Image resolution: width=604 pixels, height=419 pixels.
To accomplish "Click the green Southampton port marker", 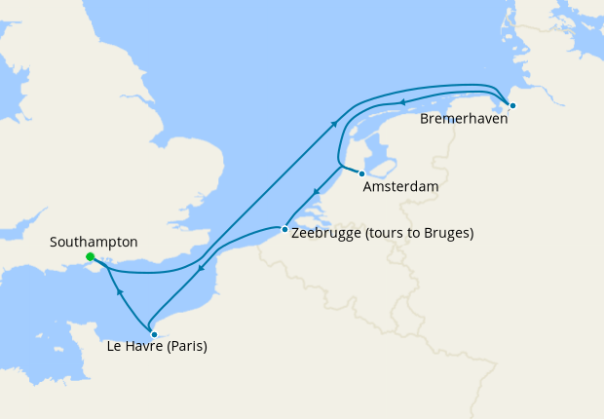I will coord(90,257).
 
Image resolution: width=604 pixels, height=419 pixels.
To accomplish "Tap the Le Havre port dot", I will coord(154,334).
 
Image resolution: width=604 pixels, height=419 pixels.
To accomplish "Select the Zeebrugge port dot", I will coord(283,230).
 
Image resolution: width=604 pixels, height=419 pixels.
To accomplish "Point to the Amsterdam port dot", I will coord(361,173).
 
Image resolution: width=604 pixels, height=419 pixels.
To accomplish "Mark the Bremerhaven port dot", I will coord(512,104).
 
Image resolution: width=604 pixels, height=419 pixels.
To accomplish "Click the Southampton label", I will coord(94,242).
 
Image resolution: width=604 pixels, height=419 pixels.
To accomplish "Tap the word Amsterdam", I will coord(399,185).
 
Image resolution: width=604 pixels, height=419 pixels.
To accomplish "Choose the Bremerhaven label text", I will coord(464,120).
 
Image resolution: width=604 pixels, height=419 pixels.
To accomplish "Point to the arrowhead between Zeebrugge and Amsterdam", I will coord(315,191).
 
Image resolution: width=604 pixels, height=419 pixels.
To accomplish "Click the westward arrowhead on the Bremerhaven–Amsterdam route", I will coord(400,101).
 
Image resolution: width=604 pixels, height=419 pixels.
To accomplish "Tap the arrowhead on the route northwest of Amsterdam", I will coord(334,124).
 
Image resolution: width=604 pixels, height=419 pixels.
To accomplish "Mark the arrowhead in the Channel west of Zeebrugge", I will coord(201,269).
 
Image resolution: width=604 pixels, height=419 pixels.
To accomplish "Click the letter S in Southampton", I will coord(54,242).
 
